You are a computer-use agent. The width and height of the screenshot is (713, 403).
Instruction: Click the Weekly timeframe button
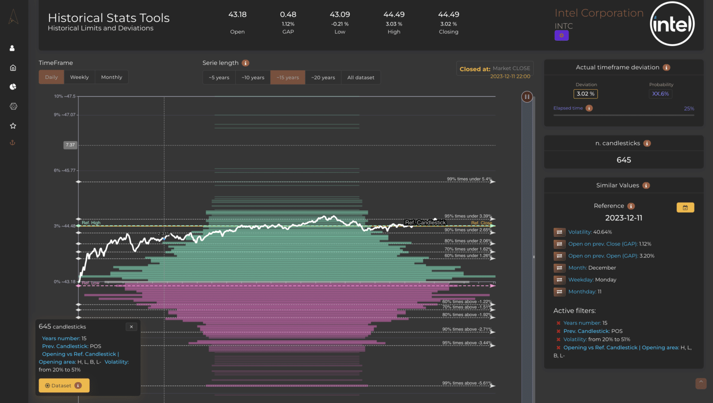point(79,77)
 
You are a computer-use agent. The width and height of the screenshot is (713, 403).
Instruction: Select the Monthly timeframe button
point(111,77)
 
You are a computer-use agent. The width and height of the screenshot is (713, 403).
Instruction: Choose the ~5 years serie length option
point(219,78)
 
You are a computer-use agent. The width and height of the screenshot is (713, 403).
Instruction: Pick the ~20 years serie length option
point(323,78)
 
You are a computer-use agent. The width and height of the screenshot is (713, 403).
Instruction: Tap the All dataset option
point(361,78)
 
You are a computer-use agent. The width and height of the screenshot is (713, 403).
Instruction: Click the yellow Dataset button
point(64,385)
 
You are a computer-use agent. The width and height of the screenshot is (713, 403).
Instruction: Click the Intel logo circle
point(672,24)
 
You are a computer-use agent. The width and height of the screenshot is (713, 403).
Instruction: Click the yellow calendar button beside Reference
point(685,208)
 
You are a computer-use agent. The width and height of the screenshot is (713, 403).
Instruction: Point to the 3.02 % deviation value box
point(586,94)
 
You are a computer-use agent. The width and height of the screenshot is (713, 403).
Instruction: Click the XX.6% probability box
point(661,94)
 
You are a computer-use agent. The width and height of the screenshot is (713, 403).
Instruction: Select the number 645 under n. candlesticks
point(623,160)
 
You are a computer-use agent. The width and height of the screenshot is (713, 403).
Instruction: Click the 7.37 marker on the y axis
point(70,145)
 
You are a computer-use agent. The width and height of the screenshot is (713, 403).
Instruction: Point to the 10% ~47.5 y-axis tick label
point(65,96)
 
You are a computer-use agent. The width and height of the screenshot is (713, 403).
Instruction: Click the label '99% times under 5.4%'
point(469,179)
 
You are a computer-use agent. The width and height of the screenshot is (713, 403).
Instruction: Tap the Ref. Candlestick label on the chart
point(425,222)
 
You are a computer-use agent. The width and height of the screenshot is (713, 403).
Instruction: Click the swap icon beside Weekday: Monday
point(559,279)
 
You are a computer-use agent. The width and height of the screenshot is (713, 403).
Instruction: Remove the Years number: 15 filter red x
point(558,323)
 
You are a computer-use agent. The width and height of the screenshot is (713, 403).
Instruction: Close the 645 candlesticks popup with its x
point(131,327)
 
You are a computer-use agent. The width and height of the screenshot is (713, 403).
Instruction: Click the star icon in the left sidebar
point(13,126)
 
